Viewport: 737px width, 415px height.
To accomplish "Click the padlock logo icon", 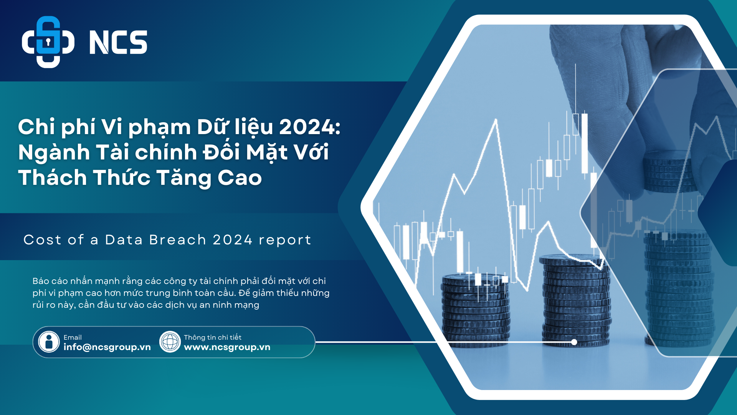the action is [x=48, y=42].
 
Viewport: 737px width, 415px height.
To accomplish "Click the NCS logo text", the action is [x=118, y=42].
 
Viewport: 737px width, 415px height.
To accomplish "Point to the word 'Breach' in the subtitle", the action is [x=178, y=240].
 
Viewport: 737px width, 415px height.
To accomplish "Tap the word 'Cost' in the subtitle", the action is [x=42, y=240].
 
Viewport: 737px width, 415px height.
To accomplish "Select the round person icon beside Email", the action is [x=49, y=342].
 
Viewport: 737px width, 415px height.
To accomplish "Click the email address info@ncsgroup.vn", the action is [x=107, y=347].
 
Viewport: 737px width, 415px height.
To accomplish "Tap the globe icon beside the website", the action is [x=170, y=342].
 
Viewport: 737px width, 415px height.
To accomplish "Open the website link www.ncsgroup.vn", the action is [x=227, y=347].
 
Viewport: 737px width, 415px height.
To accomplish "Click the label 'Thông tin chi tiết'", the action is [x=213, y=337].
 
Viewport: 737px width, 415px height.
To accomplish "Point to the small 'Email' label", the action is [x=73, y=337].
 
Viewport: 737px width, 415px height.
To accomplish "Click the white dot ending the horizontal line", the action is [x=574, y=342].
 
